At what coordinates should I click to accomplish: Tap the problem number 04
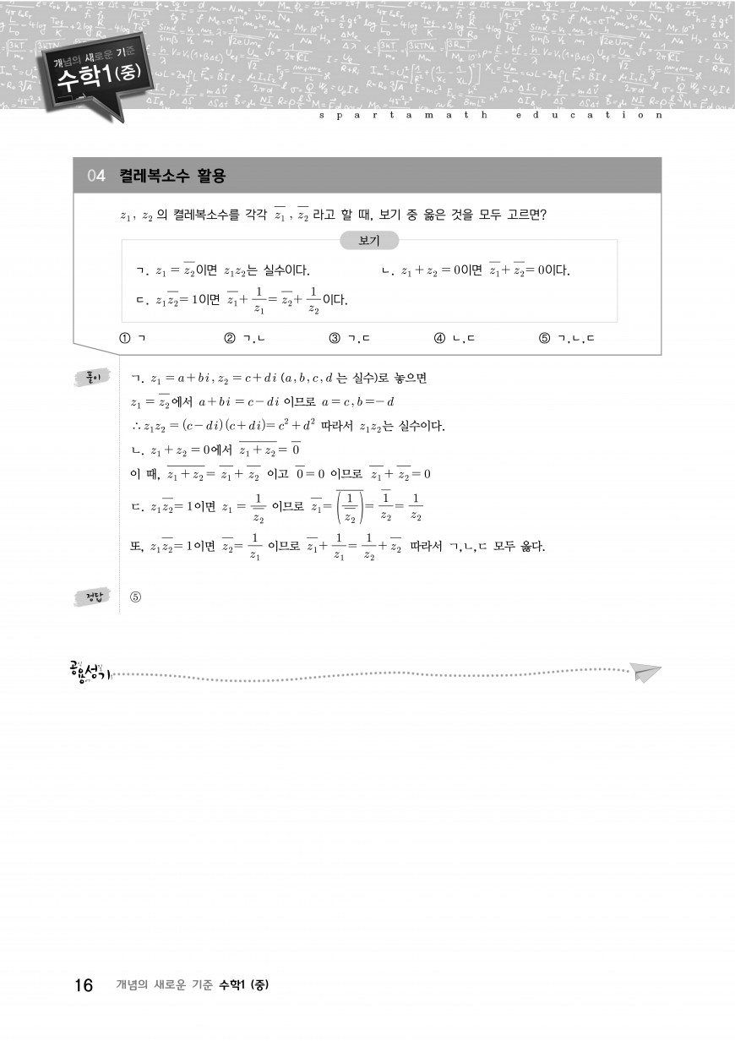point(96,176)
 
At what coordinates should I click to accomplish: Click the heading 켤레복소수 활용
point(172,176)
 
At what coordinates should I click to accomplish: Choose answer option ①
point(133,339)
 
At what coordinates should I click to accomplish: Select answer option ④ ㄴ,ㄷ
point(455,339)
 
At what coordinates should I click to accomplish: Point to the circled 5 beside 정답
point(135,597)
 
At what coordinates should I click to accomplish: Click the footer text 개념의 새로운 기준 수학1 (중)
point(192,985)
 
